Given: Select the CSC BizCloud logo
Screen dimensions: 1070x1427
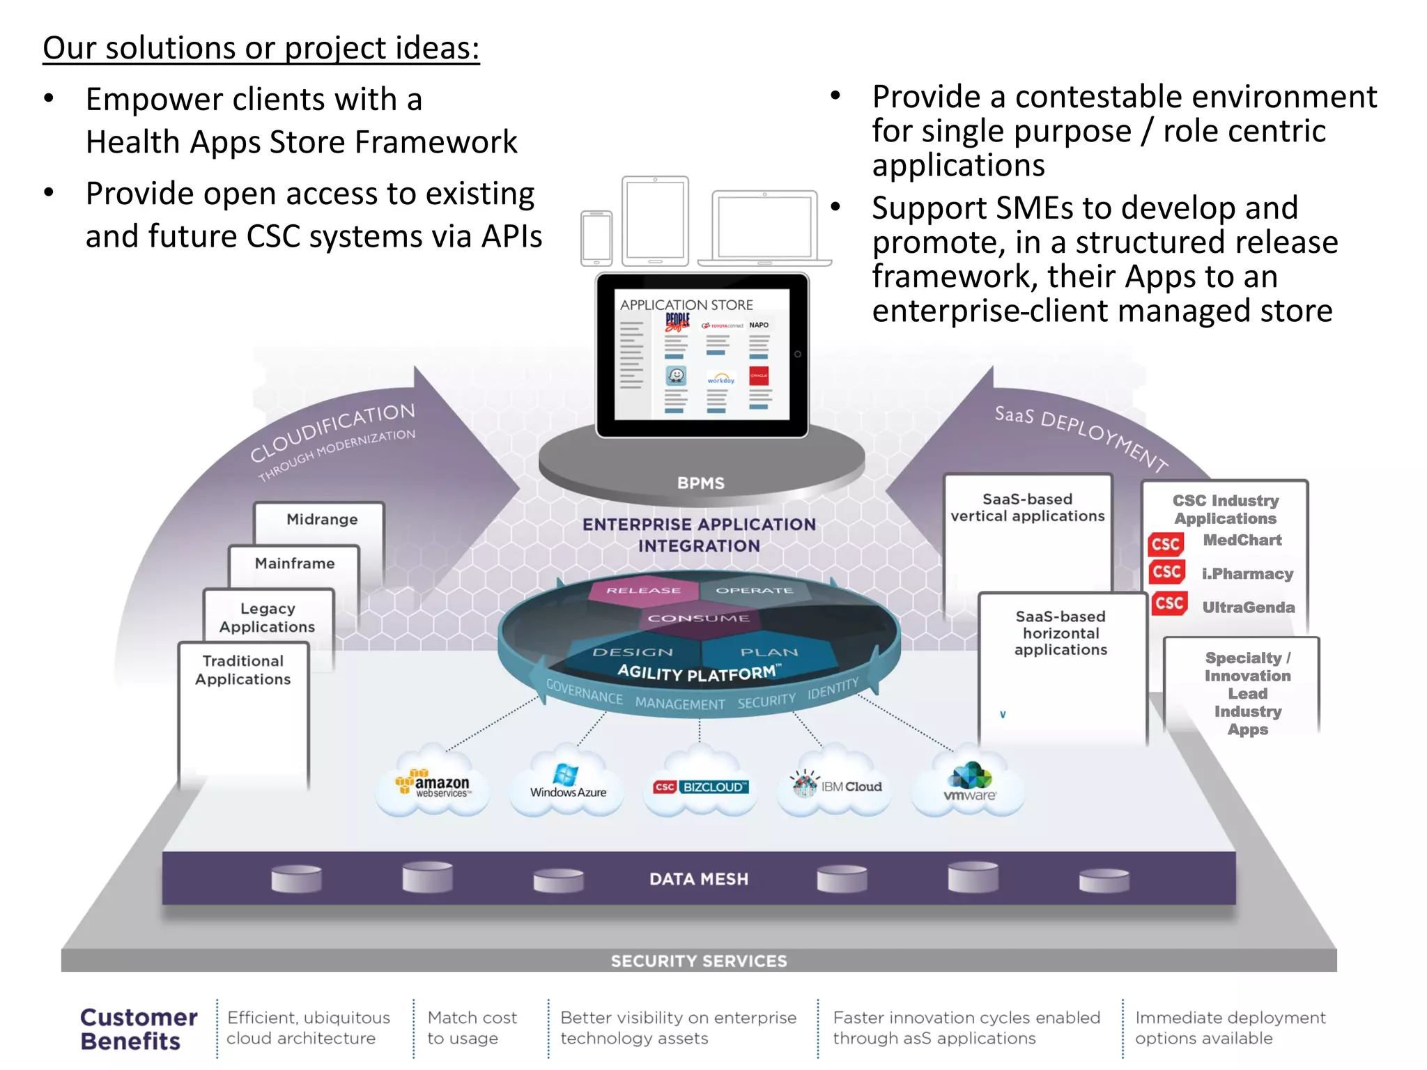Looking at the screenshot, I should tap(700, 786).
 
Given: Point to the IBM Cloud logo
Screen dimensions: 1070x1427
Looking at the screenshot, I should tap(836, 786).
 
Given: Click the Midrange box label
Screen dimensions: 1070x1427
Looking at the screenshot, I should tap(322, 520).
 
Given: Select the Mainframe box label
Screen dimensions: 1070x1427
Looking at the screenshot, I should tap(295, 564).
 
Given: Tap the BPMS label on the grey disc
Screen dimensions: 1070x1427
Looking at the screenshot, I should tap(701, 483).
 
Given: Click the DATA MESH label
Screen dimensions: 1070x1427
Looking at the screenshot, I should tap(699, 879).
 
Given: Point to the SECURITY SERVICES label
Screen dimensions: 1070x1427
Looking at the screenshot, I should tap(699, 961).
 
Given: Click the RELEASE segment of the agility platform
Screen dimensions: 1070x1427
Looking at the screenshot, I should tap(643, 590).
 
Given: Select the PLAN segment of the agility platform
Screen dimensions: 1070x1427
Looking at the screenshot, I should tap(769, 652).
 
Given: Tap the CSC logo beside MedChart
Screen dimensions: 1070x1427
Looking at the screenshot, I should tap(1166, 544).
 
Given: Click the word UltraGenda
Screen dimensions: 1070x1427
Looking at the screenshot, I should tap(1249, 607).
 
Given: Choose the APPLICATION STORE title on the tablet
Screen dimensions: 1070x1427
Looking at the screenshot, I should tap(686, 305).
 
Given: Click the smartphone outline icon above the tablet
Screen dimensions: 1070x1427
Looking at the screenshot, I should tap(596, 238).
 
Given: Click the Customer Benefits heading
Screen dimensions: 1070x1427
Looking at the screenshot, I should tap(139, 1029).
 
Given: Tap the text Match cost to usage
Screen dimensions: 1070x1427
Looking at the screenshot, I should tap(472, 1028).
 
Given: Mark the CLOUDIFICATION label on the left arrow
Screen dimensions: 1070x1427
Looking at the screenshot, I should tap(333, 432).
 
